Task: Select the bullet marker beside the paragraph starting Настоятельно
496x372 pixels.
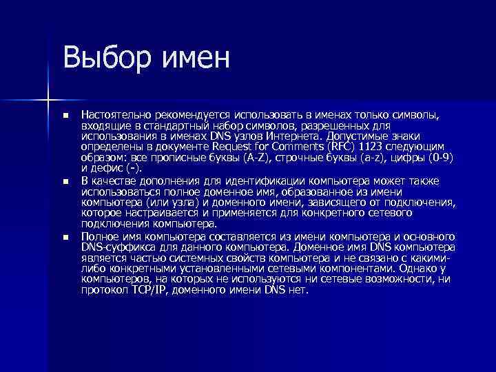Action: [65, 114]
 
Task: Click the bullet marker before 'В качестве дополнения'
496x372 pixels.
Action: [65, 182]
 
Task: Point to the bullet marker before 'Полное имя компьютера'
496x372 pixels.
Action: [65, 237]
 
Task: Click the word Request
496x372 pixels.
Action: [243, 147]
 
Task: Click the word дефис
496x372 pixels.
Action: [110, 168]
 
